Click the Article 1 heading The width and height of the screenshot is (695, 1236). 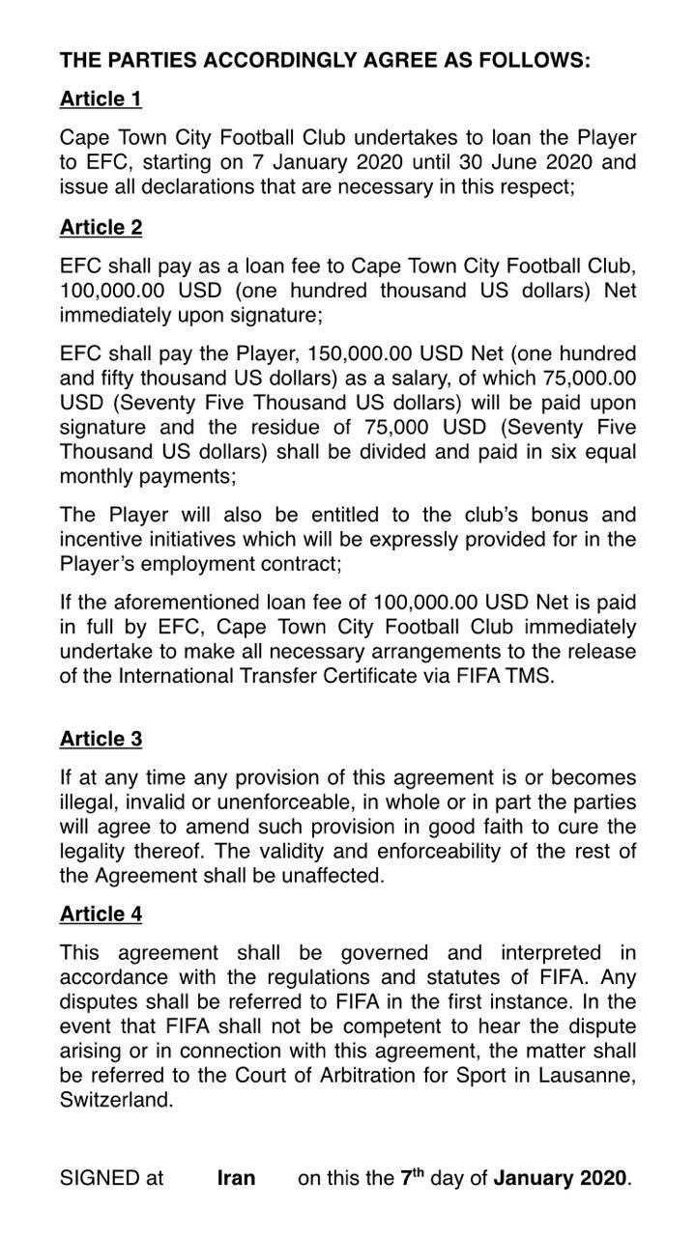[x=101, y=98]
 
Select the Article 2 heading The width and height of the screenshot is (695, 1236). [x=101, y=227]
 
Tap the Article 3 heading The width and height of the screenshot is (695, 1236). [x=101, y=739]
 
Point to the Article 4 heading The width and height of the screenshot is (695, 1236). [x=101, y=913]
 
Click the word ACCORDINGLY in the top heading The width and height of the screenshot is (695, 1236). [x=263, y=60]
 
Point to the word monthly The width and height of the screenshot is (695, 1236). [x=100, y=476]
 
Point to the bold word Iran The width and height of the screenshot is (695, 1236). [x=237, y=1178]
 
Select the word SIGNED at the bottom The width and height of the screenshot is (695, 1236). [x=100, y=1178]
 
